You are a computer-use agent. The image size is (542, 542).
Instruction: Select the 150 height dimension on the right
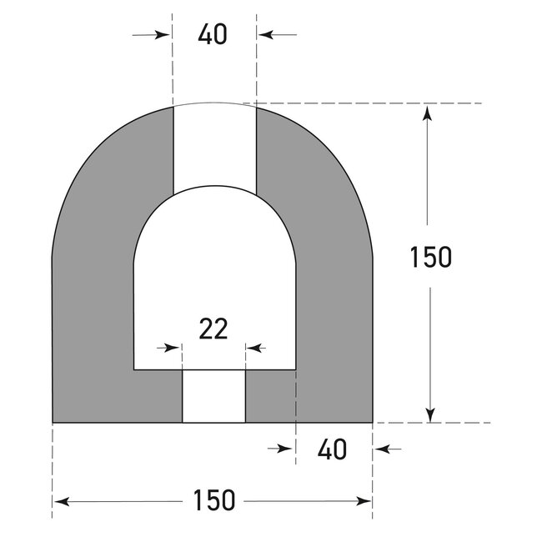(430, 257)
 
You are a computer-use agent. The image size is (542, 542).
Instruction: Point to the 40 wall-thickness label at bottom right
(332, 449)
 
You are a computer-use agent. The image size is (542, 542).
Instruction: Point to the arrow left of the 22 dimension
(171, 347)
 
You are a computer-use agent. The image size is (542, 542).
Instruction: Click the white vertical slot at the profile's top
(213, 146)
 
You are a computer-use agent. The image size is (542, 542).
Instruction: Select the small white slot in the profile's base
(213, 396)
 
